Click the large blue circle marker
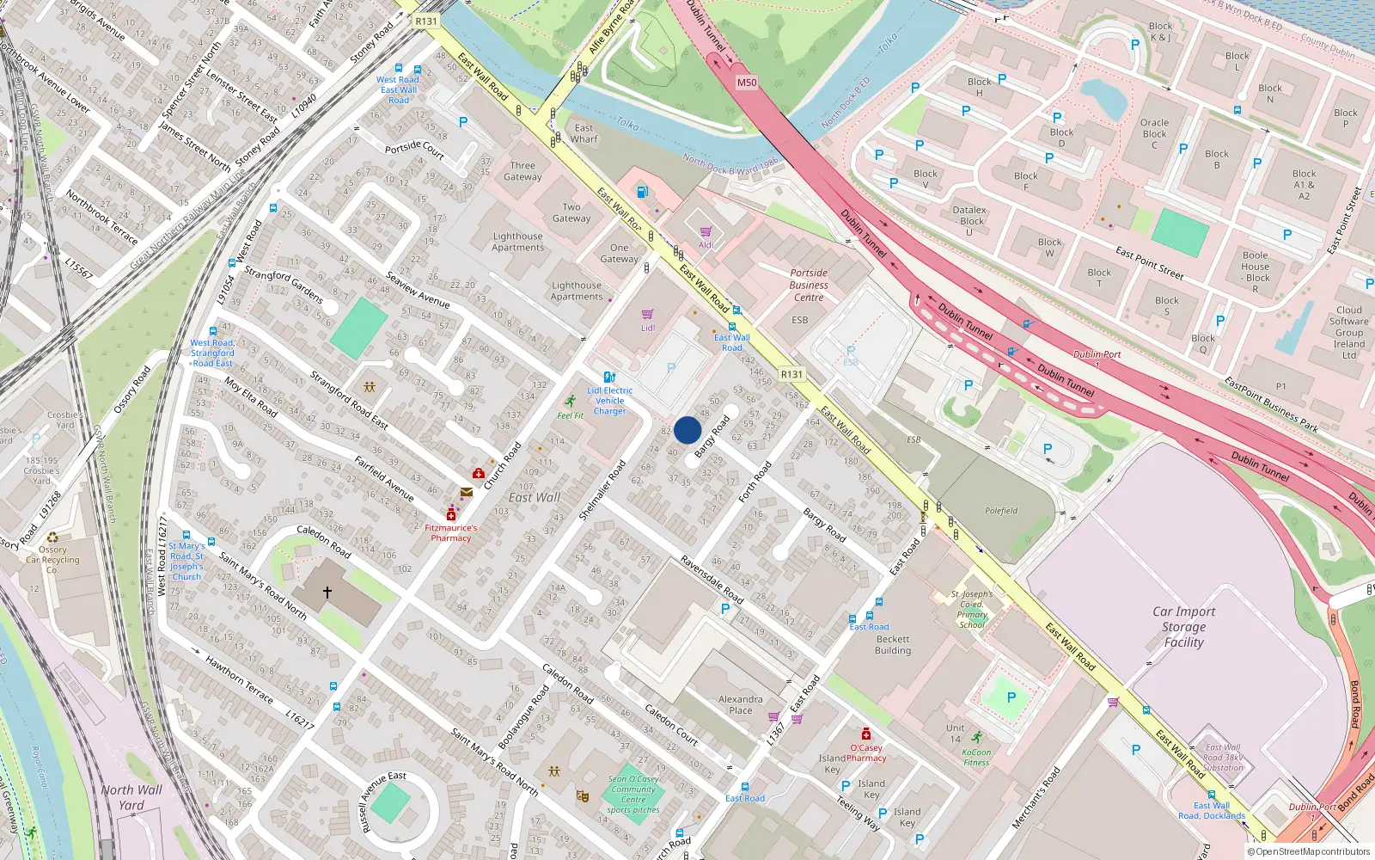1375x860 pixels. [687, 430]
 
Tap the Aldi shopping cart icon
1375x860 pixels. [706, 232]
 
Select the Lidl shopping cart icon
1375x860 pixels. [648, 315]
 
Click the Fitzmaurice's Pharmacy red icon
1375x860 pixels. [451, 513]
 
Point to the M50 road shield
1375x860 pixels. [747, 83]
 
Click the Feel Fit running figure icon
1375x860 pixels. [571, 402]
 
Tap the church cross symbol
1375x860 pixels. [327, 592]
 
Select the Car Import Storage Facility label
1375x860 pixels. [1183, 627]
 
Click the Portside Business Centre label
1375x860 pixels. [809, 285]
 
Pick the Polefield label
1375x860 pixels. [1001, 511]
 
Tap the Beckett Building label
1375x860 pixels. [893, 645]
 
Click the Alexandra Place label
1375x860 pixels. [740, 705]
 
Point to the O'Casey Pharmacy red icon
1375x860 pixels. [866, 734]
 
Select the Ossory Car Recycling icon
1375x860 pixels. [52, 537]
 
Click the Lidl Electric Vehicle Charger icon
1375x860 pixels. [609, 378]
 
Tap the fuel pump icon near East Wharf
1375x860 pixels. [640, 191]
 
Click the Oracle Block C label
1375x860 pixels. [1154, 133]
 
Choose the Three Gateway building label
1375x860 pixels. [522, 171]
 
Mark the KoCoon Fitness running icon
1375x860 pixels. [977, 738]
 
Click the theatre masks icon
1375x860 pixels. [583, 797]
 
